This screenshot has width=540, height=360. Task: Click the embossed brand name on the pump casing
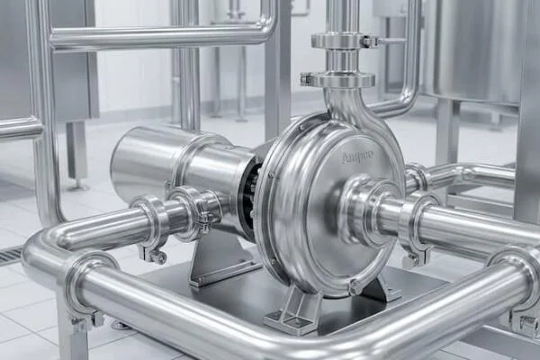point(357,158)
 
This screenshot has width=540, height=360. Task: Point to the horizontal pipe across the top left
point(162,37)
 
